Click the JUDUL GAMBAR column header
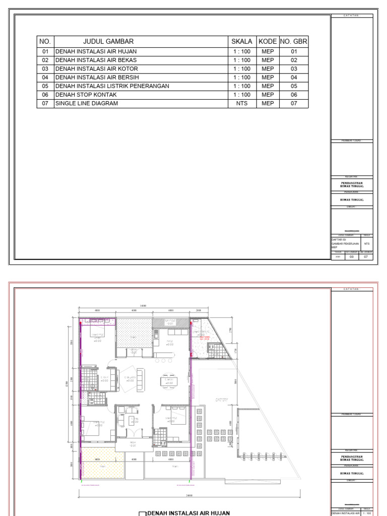(108, 42)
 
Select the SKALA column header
(242, 42)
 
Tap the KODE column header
(268, 42)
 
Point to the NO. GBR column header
(294, 42)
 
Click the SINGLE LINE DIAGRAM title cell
(87, 103)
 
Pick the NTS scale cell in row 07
(242, 103)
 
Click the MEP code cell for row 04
(268, 78)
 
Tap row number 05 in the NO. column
(45, 86)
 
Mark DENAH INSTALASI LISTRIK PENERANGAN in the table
(112, 86)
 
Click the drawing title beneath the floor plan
(187, 513)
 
